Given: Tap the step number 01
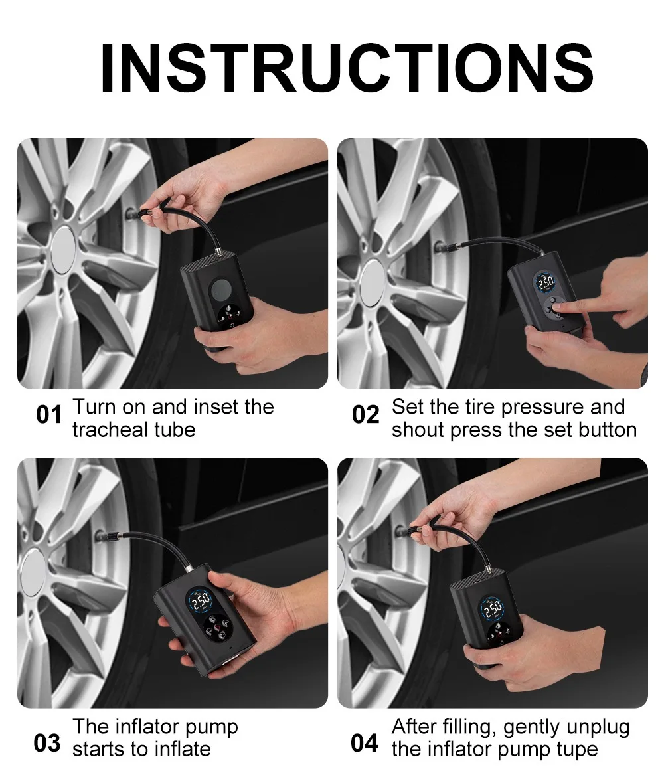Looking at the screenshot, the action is click(x=49, y=415).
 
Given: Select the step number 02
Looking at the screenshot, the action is click(x=366, y=415).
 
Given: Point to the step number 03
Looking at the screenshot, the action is click(x=47, y=744).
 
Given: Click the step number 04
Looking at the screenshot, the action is click(x=364, y=744).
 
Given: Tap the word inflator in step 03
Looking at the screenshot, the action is click(x=146, y=727).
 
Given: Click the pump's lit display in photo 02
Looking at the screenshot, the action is click(x=544, y=282).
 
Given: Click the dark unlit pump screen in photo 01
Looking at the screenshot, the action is click(x=220, y=290).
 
